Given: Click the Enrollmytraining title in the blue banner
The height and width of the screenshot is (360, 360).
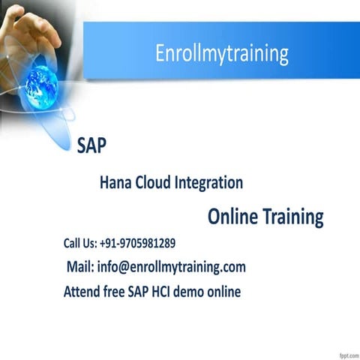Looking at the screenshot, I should (221, 54).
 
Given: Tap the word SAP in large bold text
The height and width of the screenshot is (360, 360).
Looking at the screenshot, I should (91, 145).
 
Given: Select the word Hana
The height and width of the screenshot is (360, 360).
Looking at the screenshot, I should (115, 182).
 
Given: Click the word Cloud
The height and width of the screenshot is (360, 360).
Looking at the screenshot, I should (152, 182).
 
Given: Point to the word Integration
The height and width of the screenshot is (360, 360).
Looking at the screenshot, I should (209, 182).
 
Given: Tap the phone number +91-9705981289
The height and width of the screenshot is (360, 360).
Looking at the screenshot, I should (137, 243).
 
